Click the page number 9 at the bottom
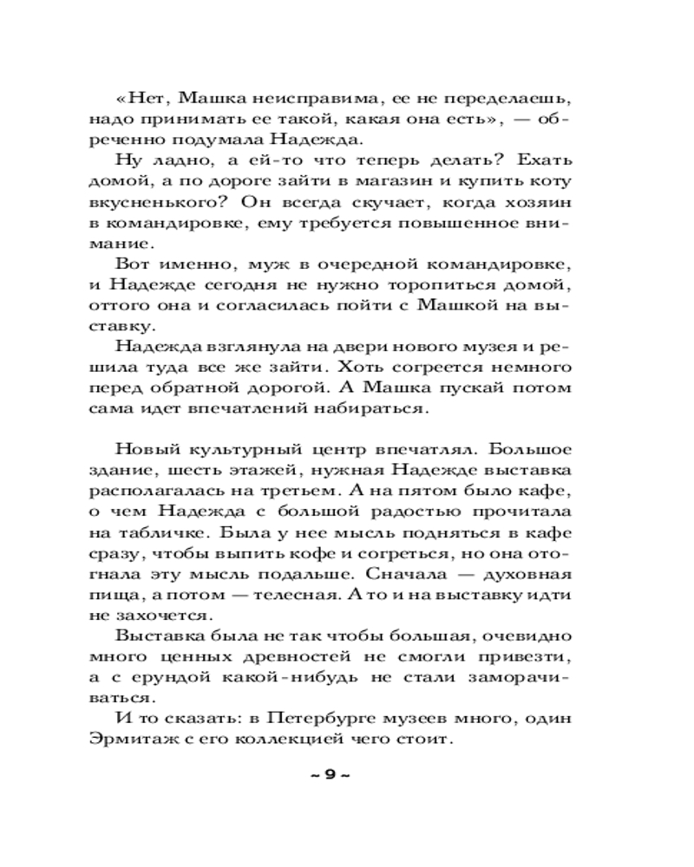tap(329, 774)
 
